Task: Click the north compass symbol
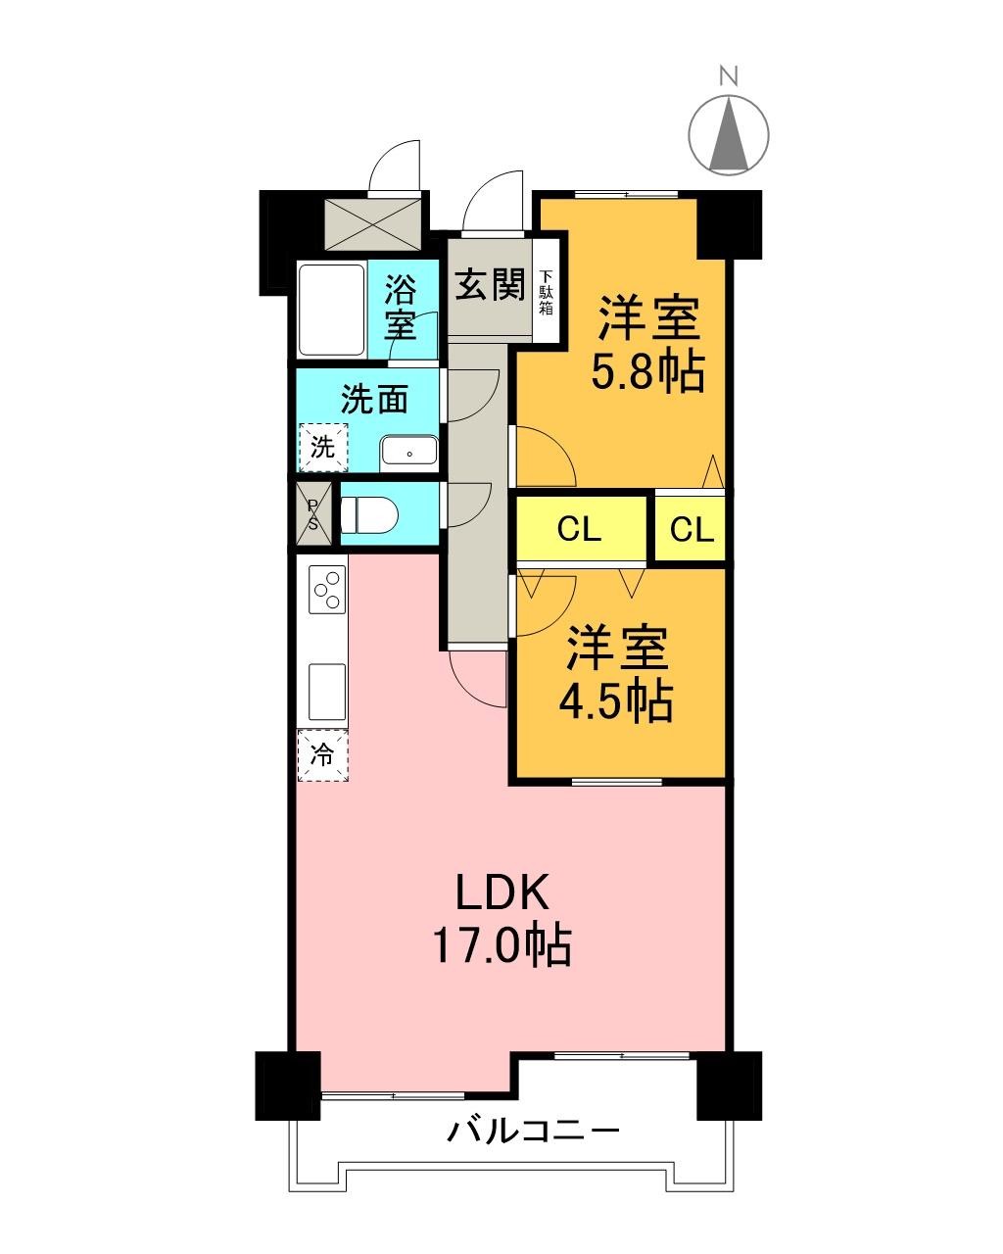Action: click(x=729, y=133)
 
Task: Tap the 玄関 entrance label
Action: click(x=489, y=286)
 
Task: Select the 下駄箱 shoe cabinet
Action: click(x=546, y=291)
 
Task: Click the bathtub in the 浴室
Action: click(x=331, y=309)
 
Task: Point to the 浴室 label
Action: click(x=401, y=307)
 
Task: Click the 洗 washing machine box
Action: click(x=323, y=448)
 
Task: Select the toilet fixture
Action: click(x=366, y=513)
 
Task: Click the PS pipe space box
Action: click(x=313, y=513)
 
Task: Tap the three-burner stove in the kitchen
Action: click(x=328, y=590)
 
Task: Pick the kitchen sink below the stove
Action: click(x=327, y=692)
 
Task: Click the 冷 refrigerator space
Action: click(x=323, y=755)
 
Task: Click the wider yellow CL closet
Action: click(x=580, y=530)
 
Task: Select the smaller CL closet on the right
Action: click(x=692, y=530)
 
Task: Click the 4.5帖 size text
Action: click(x=615, y=699)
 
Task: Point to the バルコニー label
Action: click(x=534, y=1133)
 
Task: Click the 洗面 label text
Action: click(x=374, y=400)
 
